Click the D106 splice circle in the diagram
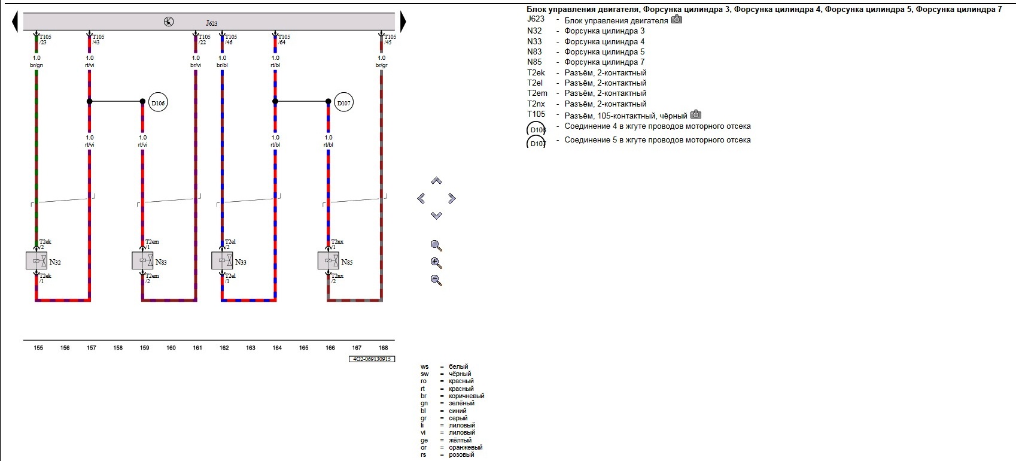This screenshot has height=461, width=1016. [158, 103]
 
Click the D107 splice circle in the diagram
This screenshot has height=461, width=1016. [343, 103]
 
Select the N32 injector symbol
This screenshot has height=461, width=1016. [36, 260]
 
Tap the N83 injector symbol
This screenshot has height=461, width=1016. [142, 260]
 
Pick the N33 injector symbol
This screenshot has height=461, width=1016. [222, 260]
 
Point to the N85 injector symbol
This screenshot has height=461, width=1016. [328, 260]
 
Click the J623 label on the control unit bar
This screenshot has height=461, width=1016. [212, 23]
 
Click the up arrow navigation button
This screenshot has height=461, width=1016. [436, 181]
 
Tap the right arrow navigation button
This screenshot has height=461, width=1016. [452, 198]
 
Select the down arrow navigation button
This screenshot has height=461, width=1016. [436, 216]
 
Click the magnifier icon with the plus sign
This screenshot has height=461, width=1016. [436, 263]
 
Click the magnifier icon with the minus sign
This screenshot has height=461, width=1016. [436, 280]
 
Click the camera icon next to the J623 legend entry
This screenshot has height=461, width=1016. [677, 20]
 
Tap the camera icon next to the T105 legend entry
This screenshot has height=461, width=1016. [696, 114]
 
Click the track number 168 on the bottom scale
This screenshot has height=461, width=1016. [383, 348]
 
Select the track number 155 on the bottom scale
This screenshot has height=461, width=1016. [38, 348]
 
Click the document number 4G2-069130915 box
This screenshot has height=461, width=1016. [372, 359]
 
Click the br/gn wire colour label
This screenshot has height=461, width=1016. [36, 65]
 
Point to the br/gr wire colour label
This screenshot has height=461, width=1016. [381, 65]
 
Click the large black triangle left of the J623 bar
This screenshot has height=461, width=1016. [15, 23]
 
